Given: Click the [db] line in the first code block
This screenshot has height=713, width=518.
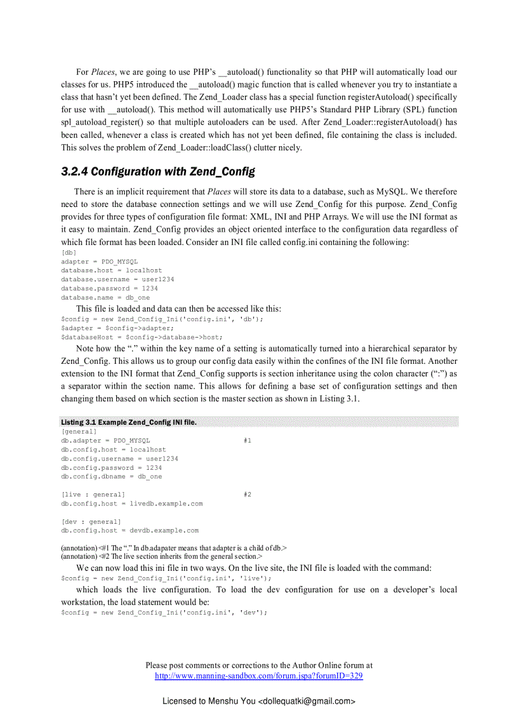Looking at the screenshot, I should (69, 253).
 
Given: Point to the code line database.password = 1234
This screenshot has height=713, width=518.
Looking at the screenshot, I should (109, 288).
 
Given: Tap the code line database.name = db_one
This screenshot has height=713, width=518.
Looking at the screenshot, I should (105, 297).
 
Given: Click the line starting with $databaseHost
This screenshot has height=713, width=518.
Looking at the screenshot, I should (142, 337).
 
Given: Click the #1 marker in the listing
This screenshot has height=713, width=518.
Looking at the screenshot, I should (248, 441).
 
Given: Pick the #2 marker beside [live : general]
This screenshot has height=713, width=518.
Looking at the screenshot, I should (248, 494).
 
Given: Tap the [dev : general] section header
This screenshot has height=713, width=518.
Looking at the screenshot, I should (91, 522).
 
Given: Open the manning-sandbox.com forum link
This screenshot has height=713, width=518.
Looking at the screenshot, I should (259, 676).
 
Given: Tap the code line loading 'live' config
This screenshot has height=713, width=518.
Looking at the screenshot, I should (166, 578).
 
